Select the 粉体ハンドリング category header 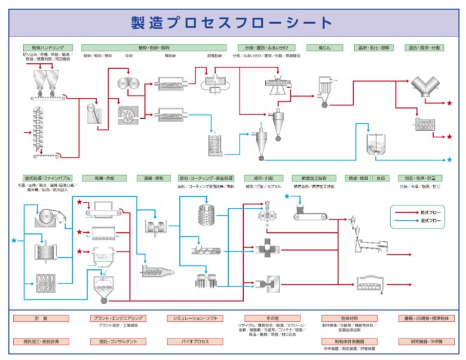48,48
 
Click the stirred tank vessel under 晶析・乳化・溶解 376,144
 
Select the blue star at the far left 14,240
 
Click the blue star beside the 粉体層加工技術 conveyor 287,196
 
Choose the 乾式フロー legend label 429,211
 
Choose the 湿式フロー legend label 429,221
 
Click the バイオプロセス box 187,341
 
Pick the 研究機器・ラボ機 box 427,341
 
